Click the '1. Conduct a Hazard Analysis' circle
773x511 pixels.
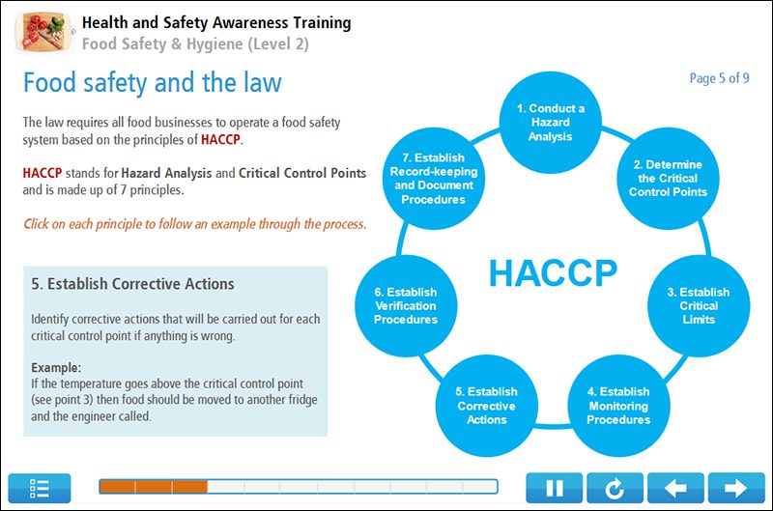pyautogui.click(x=549, y=123)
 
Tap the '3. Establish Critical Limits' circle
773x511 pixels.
pyautogui.click(x=698, y=305)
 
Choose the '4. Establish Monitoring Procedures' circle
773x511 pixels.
pyautogui.click(x=618, y=406)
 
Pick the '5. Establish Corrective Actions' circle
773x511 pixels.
pyautogui.click(x=486, y=406)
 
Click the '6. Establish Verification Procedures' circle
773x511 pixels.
pyautogui.click(x=405, y=305)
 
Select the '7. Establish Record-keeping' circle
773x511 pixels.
pyautogui.click(x=434, y=179)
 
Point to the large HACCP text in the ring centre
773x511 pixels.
pyautogui.click(x=552, y=273)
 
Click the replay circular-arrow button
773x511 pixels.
pyautogui.click(x=614, y=488)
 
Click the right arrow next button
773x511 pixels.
pyautogui.click(x=736, y=488)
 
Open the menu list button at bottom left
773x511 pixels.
pyautogui.click(x=40, y=488)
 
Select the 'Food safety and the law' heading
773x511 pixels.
pyautogui.click(x=152, y=82)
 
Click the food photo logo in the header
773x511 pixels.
pyautogui.click(x=43, y=32)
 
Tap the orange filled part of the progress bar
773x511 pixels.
pyautogui.click(x=153, y=487)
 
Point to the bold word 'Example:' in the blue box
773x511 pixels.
pyautogui.click(x=56, y=368)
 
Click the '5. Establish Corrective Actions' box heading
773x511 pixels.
pyautogui.click(x=132, y=284)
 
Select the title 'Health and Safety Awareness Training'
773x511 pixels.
pyautogui.click(x=216, y=22)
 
